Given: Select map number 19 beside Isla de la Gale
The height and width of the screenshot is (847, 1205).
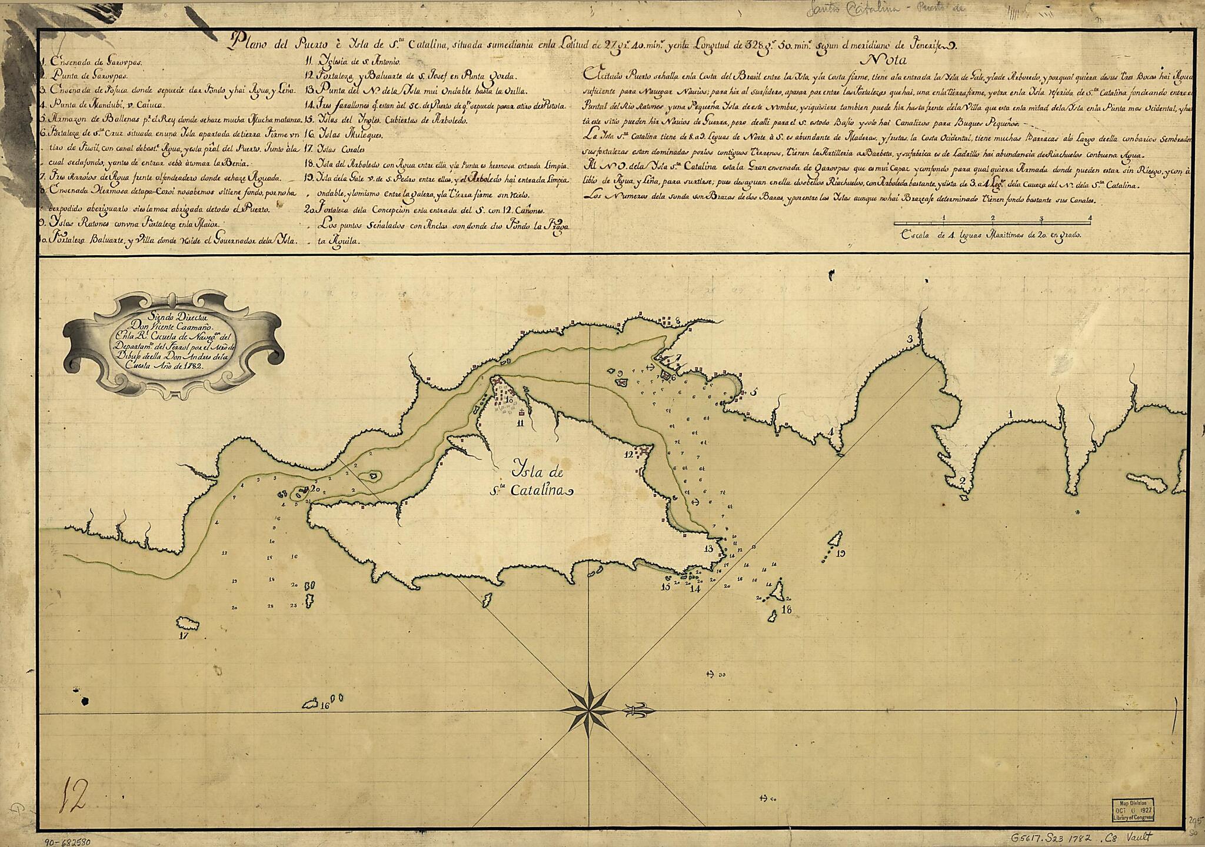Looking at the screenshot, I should click(x=840, y=553).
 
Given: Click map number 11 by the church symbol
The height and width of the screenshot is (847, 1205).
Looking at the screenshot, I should click(x=520, y=422).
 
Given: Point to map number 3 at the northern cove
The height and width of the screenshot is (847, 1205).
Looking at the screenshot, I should click(x=910, y=338).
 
